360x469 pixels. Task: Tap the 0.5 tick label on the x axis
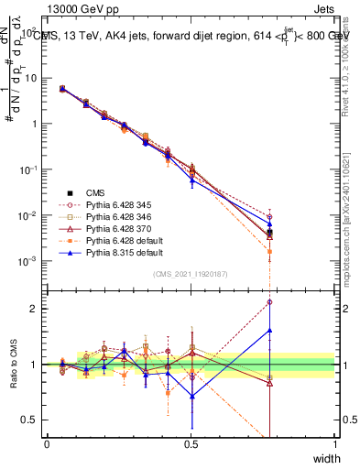coord(191,444)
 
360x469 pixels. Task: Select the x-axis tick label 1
coord(335,444)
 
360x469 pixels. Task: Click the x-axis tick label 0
coord(47,444)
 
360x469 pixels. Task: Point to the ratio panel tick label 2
coord(32,309)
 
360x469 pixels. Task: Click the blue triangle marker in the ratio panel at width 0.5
coord(191,397)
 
